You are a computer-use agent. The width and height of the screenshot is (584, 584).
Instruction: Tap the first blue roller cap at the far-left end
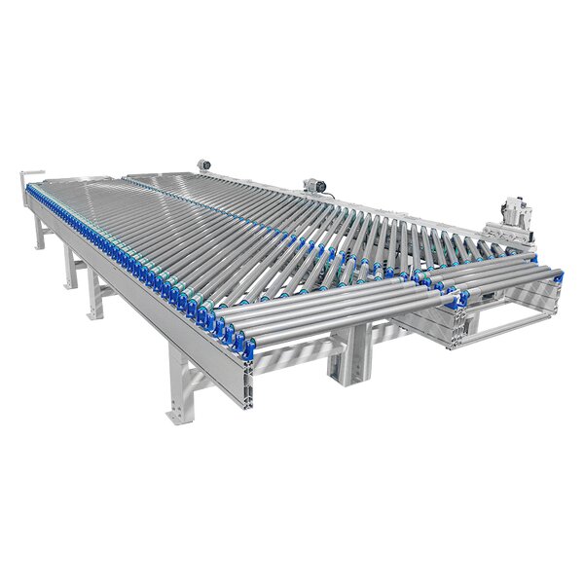[x=36, y=187]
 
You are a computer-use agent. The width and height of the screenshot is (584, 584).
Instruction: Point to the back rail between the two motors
[x=258, y=175]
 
